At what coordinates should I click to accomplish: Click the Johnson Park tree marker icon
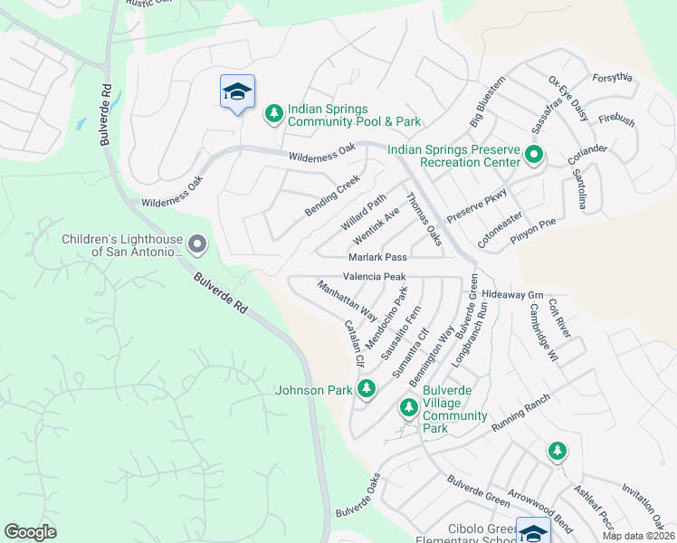point(366,389)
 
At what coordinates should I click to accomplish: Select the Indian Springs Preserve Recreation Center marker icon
point(533,156)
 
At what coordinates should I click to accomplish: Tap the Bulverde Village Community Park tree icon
point(408,408)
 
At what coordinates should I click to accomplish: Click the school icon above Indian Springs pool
point(237,91)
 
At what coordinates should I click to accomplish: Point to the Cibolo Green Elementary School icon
point(532,532)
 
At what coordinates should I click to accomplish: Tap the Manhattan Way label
point(347,300)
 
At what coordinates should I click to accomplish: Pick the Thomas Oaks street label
point(424,219)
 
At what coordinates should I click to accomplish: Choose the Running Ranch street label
point(520,413)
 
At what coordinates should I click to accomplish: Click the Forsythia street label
point(613,78)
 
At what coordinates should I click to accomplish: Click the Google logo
point(30,532)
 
